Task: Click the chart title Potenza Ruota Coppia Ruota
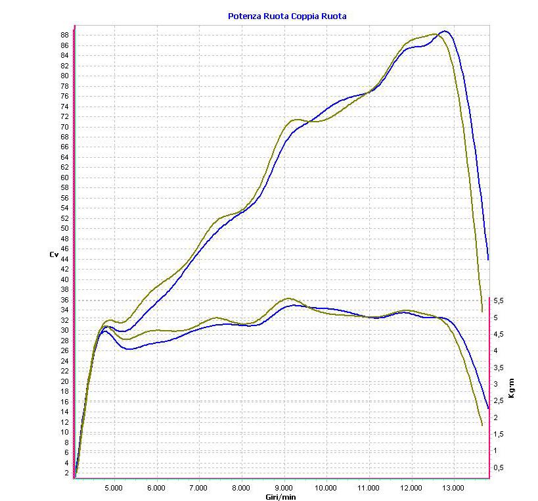pos(286,16)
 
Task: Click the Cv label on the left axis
pos(54,254)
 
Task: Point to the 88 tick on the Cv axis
pos(65,35)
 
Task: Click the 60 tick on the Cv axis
pos(65,178)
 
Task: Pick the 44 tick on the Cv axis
pos(65,259)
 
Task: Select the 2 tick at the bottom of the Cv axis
pos(67,473)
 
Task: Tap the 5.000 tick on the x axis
pos(114,488)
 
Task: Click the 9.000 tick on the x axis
pos(284,488)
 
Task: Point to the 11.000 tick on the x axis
pos(369,488)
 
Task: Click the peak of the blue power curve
pos(445,31)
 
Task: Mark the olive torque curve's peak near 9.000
pos(288,298)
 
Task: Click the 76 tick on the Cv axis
pos(65,96)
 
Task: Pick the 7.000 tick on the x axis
pos(198,488)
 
